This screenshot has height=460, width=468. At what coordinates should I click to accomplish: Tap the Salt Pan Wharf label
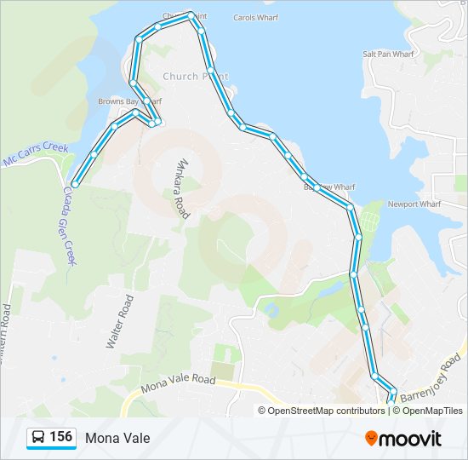[387, 54]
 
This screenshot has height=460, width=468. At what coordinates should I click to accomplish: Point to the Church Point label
[195, 76]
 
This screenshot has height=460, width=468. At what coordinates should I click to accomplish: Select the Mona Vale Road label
[179, 382]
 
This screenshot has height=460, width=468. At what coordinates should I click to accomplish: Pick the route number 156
[60, 438]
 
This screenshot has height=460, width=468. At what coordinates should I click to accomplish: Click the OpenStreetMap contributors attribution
[326, 411]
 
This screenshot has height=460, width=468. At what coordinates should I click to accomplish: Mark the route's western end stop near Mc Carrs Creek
[75, 184]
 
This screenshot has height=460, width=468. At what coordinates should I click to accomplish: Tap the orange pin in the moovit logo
[372, 439]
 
